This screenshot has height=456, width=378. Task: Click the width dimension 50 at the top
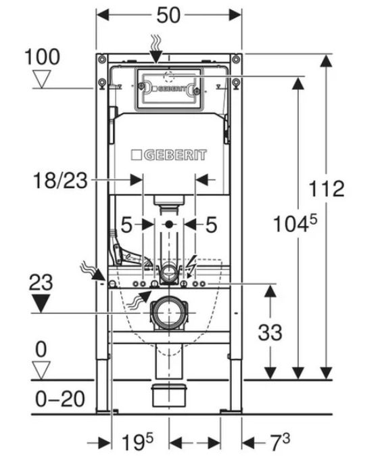click(x=168, y=15)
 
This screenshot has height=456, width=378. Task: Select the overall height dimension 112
click(x=326, y=189)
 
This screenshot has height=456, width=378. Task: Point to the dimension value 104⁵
click(x=295, y=224)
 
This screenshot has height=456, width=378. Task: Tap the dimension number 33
click(x=270, y=332)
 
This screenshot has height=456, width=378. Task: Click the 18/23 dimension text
click(x=60, y=181)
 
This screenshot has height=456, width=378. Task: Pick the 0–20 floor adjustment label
click(x=60, y=398)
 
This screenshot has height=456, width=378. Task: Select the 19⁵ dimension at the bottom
click(x=137, y=442)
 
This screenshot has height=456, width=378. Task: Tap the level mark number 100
click(x=43, y=57)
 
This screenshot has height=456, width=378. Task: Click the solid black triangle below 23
click(x=41, y=303)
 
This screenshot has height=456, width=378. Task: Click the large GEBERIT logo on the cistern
click(x=168, y=155)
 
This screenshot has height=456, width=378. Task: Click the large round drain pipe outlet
click(x=168, y=313)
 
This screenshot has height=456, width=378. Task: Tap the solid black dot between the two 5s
click(x=168, y=224)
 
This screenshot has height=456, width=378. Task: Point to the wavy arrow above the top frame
click(x=156, y=49)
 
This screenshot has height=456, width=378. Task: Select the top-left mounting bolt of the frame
click(x=101, y=60)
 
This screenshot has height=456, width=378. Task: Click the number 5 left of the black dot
click(x=126, y=225)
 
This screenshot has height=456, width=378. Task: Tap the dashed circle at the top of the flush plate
click(x=168, y=76)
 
